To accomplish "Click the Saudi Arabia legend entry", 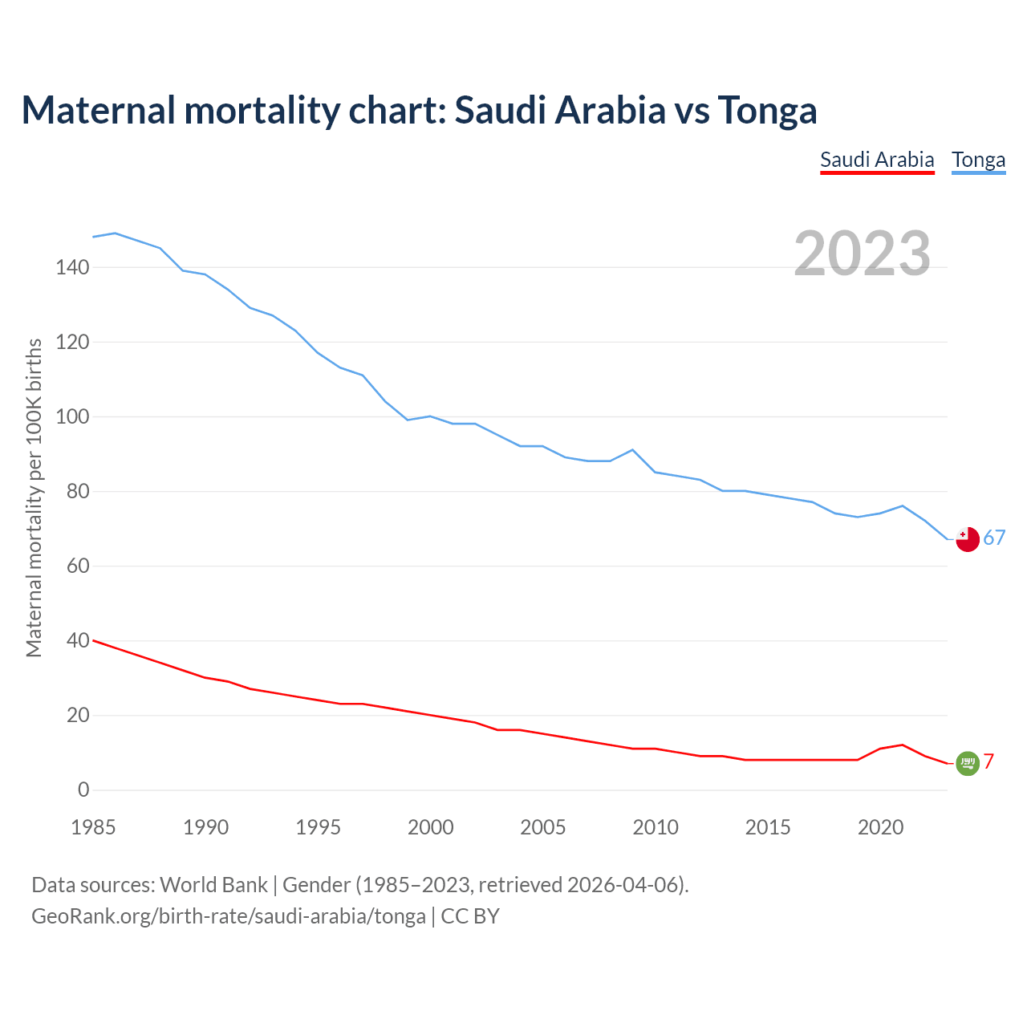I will tap(877, 160).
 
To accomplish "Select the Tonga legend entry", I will tap(978, 160).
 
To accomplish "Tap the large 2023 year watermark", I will tap(863, 254).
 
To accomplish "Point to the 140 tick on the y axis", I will tap(72, 267).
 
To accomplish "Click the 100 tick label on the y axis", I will tap(72, 416).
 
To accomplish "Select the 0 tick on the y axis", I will tap(83, 790).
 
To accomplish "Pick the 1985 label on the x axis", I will tap(93, 827).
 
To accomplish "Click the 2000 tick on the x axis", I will tap(431, 827).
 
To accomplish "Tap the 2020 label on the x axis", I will tap(880, 827).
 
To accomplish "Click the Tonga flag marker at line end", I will tap(968, 539).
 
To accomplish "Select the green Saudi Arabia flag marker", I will tap(968, 763).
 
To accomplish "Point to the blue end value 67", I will tap(994, 538).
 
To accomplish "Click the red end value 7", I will tap(988, 761).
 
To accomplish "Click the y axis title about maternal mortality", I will tap(34, 497).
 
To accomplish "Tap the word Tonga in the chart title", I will tap(767, 110).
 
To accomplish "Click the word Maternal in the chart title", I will tap(98, 110).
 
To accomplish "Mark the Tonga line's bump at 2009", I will tap(633, 450).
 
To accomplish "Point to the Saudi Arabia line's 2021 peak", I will tap(903, 745).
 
